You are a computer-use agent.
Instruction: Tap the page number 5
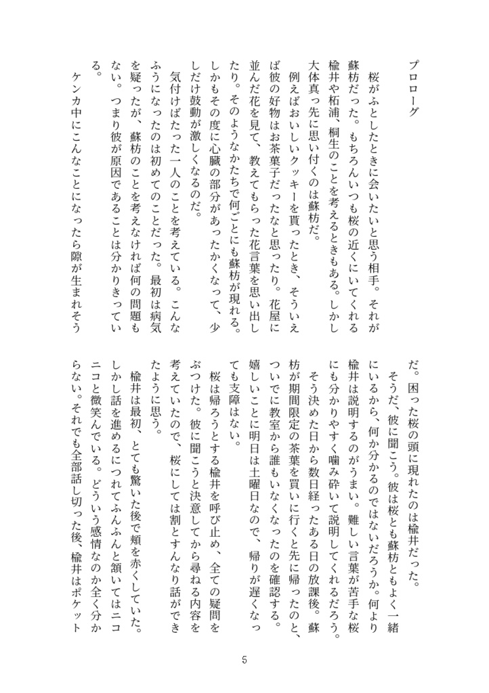pos(244,661)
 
